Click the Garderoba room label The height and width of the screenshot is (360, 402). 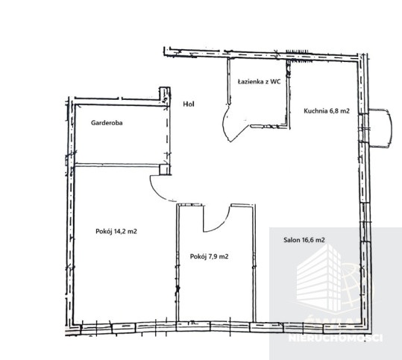pos(107,123)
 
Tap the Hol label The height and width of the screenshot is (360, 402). pos(189,104)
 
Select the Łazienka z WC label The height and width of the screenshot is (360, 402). pos(259,81)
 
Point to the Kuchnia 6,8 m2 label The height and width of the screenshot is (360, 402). pos(327,111)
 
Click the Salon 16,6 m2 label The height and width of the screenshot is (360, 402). pos(304,240)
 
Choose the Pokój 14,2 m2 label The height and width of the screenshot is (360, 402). pos(116,231)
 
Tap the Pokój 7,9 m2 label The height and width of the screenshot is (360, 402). pos(209,256)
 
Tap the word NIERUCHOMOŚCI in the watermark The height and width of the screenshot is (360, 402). pos(336,338)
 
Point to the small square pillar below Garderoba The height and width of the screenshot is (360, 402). pos(164,170)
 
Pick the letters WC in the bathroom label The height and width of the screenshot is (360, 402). pos(276,81)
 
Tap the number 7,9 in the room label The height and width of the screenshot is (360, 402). pos(213,256)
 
